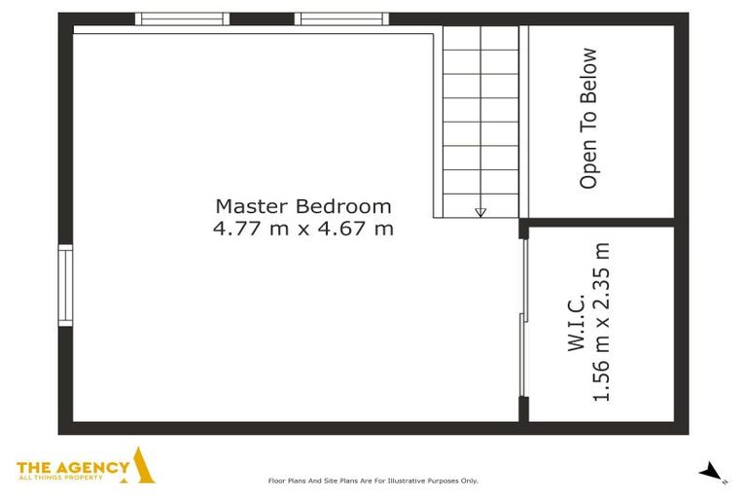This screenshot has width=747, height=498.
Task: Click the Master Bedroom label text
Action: pyautogui.click(x=302, y=206)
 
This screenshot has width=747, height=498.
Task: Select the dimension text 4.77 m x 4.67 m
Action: pyautogui.click(x=302, y=230)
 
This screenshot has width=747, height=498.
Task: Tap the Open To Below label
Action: pyautogui.click(x=587, y=118)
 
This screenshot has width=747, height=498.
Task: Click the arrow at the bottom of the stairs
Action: pyautogui.click(x=480, y=211)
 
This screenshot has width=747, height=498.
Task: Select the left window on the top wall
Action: pyautogui.click(x=182, y=18)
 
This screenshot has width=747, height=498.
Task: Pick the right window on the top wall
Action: pyautogui.click(x=341, y=18)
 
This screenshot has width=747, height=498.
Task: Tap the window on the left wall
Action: pyautogui.click(x=65, y=285)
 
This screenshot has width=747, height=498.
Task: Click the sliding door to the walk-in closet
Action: pyautogui.click(x=523, y=318)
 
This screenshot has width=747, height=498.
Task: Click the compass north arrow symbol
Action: pyautogui.click(x=712, y=472)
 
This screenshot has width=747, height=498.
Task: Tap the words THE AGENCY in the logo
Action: pyautogui.click(x=73, y=467)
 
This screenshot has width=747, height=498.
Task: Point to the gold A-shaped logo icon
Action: pyautogui.click(x=143, y=466)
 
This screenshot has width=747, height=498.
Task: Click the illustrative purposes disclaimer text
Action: pyautogui.click(x=373, y=480)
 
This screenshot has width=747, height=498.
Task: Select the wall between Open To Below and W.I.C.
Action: pyautogui.click(x=601, y=222)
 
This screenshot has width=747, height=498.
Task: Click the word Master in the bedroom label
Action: pyautogui.click(x=252, y=206)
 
